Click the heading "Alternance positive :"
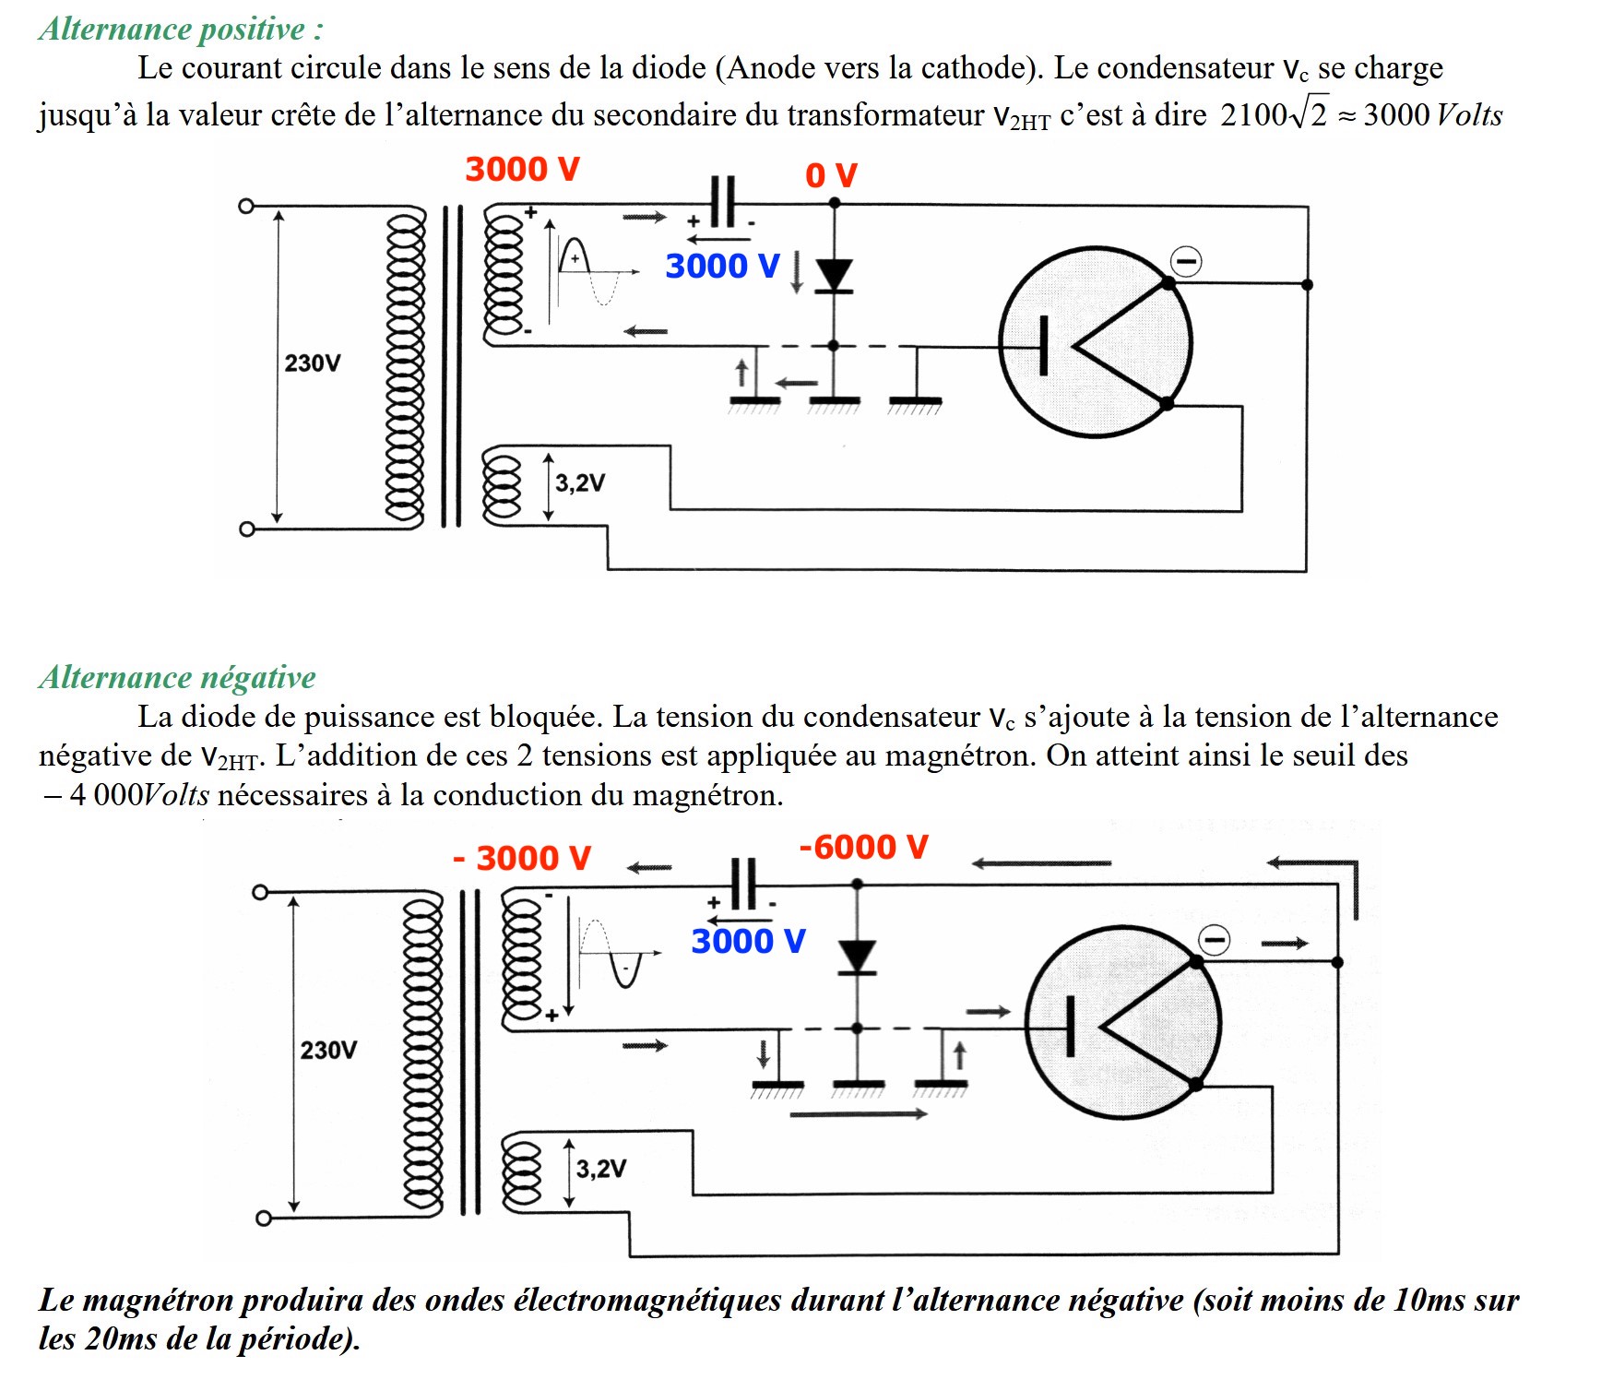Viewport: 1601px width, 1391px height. [x=181, y=30]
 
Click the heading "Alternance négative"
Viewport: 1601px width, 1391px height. [x=177, y=678]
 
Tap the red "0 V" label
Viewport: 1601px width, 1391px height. [x=831, y=175]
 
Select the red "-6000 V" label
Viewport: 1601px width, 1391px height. [x=863, y=847]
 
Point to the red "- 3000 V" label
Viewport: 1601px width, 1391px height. [x=522, y=859]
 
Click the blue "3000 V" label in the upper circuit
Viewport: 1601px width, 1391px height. [x=722, y=267]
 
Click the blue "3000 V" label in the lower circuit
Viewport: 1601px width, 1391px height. [x=748, y=942]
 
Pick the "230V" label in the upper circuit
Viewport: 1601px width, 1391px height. [x=312, y=363]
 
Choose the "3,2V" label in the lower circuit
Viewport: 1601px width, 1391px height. [x=601, y=1170]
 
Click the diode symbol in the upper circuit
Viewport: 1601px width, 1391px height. [x=835, y=275]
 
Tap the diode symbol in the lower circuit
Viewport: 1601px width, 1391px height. [x=858, y=957]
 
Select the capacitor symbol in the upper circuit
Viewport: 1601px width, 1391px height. [x=723, y=201]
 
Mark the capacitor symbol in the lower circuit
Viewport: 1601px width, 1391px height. [x=743, y=884]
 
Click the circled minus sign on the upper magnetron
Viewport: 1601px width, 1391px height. [x=1186, y=262]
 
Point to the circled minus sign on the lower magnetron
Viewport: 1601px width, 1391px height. [x=1214, y=941]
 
